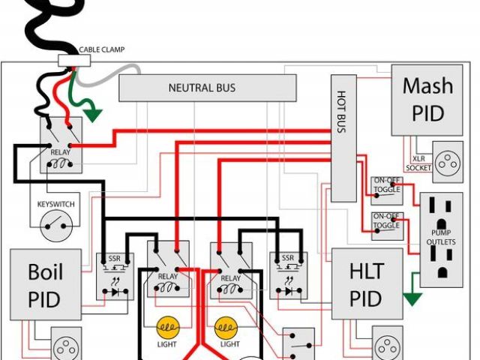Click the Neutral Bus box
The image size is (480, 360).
point(201,88)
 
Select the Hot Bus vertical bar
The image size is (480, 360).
point(343,138)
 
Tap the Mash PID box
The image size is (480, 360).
point(427,100)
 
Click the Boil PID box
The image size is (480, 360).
point(45,286)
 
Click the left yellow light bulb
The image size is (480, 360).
point(166,328)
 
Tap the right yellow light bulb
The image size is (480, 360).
point(226,328)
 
